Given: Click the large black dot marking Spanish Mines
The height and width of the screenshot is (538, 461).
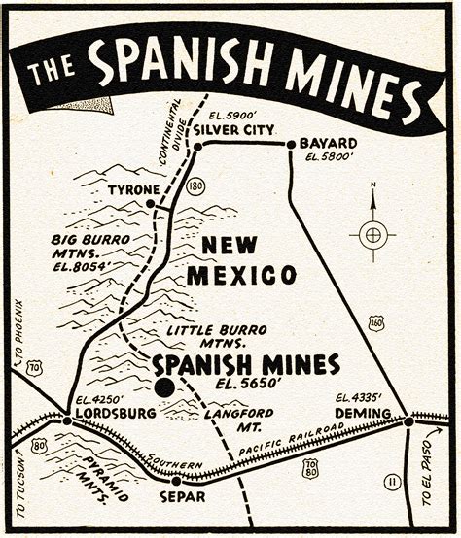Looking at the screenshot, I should (164, 387).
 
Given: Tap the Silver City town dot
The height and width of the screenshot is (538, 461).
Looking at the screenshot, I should (197, 146).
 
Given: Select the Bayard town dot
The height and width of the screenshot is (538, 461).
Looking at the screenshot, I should (290, 145).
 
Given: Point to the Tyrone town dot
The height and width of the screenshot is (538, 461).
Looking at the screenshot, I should (151, 203).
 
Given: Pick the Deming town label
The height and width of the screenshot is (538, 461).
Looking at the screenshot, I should (364, 414).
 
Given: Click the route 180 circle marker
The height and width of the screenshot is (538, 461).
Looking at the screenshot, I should (195, 185).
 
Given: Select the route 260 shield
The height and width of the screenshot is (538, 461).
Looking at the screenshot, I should (376, 323).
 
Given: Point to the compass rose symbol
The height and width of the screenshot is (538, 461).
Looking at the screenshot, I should (373, 233).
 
